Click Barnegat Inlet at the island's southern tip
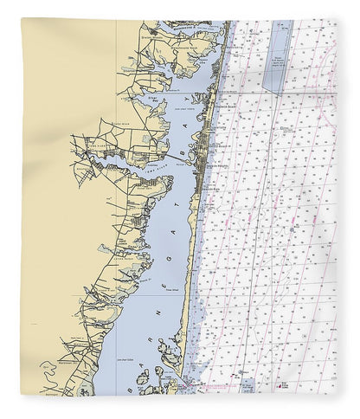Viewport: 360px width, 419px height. click(187, 379)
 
